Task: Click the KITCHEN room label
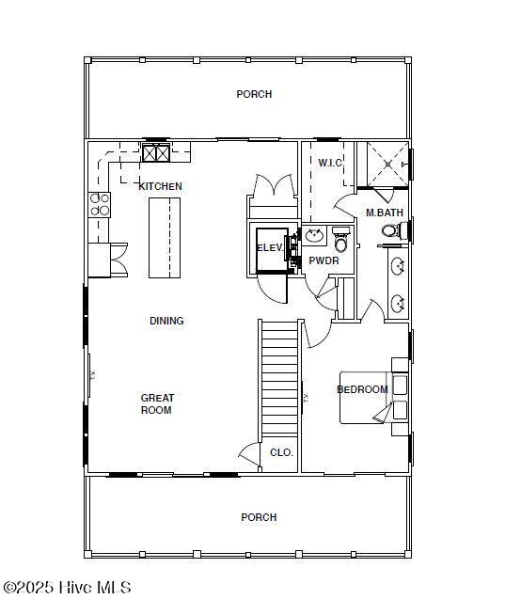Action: tap(160, 186)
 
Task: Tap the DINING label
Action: tap(166, 321)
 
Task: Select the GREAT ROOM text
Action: tap(157, 404)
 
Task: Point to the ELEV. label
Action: tap(270, 248)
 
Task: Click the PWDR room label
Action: tap(324, 260)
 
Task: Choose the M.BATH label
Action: tap(385, 213)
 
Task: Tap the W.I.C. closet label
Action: tap(330, 163)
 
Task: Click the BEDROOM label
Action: tap(362, 389)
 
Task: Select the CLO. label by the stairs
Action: tap(282, 452)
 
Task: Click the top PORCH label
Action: tap(254, 94)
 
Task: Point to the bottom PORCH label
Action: tap(259, 517)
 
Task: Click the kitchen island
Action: tap(165, 238)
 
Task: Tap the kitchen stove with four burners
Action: tap(100, 205)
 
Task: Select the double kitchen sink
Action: tap(156, 153)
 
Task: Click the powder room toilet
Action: tap(341, 240)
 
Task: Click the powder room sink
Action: tap(314, 236)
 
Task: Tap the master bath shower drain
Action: tap(388, 165)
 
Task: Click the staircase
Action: tap(279, 378)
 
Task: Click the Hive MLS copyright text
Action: tap(67, 588)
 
